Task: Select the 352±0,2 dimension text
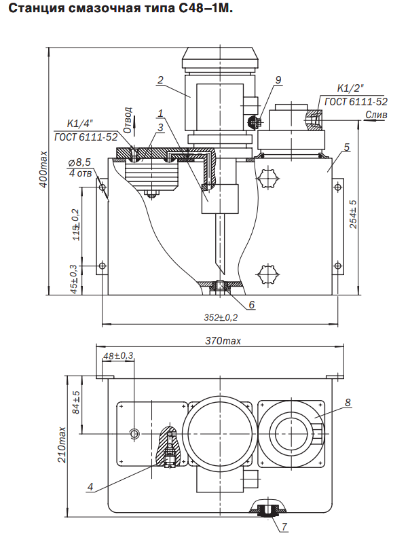click(x=221, y=317)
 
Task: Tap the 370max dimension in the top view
click(x=223, y=341)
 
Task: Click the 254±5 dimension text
click(x=354, y=215)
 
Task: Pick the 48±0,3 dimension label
click(x=119, y=356)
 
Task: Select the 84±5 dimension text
click(x=76, y=402)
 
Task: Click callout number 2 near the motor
click(x=160, y=80)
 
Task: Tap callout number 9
click(x=278, y=80)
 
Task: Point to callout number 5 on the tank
click(x=347, y=147)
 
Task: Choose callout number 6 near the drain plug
click(x=251, y=304)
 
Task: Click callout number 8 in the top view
click(x=348, y=402)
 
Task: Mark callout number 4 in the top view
click(x=90, y=487)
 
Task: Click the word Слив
click(x=376, y=114)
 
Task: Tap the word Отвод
click(x=128, y=120)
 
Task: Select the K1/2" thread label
click(x=350, y=88)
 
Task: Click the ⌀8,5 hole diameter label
click(x=79, y=162)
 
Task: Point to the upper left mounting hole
click(x=102, y=187)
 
